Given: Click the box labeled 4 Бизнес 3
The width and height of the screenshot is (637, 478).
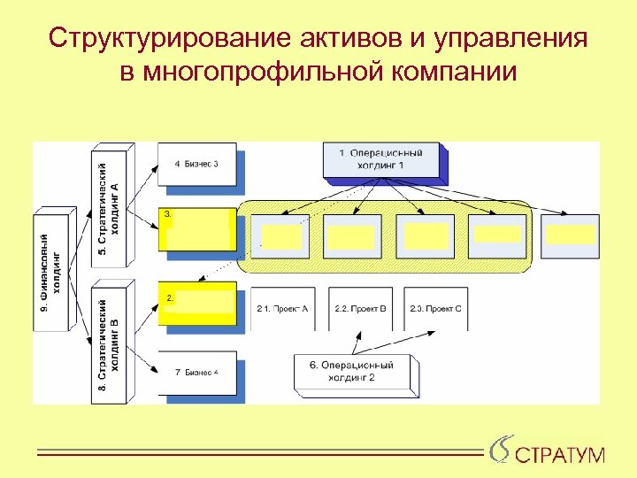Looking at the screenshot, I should coord(196,164).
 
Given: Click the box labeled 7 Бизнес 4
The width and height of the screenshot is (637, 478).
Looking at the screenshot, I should coord(196,372).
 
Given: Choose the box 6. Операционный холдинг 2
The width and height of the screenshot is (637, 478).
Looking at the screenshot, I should coord(354,371).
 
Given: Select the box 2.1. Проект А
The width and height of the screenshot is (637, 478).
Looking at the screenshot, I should coord(282,309).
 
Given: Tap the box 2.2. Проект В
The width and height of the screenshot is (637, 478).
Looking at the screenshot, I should coord(360,309).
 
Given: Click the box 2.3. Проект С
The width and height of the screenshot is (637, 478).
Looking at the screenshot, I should coord(436,309).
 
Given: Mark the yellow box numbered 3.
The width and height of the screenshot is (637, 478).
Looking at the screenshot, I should coord(197,230).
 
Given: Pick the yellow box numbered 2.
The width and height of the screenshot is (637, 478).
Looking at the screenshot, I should coord(197,302).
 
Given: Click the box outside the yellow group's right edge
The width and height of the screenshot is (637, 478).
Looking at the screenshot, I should coord(570,235).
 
